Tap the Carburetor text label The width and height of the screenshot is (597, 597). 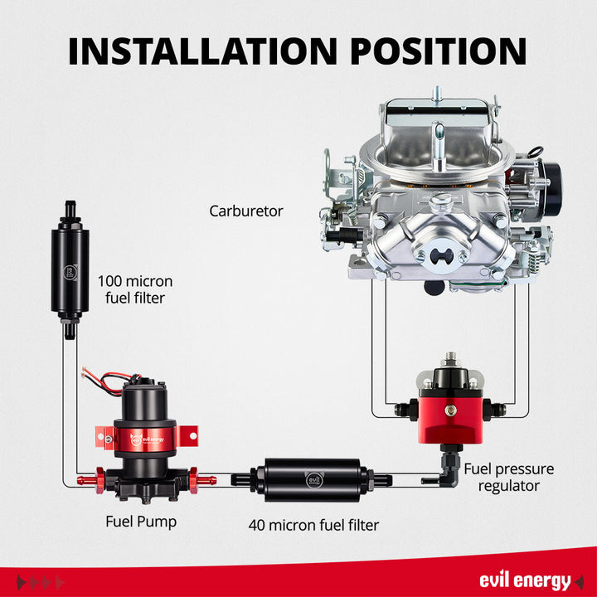tap(245, 211)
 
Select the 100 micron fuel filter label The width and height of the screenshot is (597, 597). tap(131, 289)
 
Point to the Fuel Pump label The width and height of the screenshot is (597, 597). tap(141, 522)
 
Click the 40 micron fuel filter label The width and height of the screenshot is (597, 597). tap(313, 525)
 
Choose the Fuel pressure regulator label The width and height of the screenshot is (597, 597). tap(508, 477)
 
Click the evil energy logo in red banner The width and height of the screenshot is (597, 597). tap(524, 580)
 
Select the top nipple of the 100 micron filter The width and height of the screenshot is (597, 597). tap(70, 204)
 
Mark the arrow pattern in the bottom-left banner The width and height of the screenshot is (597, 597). tap(40, 581)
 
